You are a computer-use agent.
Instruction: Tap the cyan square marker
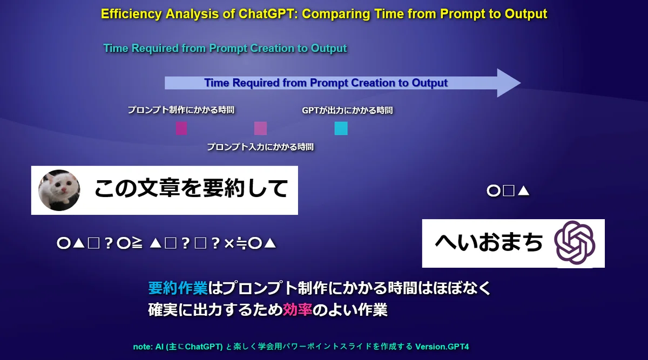(x=341, y=128)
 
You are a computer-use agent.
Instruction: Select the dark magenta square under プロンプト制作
(x=181, y=128)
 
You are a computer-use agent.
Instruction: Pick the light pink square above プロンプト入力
(x=260, y=128)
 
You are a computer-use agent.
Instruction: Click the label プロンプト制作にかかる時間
(x=181, y=110)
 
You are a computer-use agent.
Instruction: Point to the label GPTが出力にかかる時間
(x=347, y=111)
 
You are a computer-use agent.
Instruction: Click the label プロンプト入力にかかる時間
(x=260, y=147)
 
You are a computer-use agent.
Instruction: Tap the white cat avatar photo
(x=59, y=191)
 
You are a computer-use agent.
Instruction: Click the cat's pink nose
(x=64, y=190)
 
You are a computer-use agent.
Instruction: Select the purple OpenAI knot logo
(x=575, y=243)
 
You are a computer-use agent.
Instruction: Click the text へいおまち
(x=489, y=243)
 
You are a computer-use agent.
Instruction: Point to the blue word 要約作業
(x=178, y=288)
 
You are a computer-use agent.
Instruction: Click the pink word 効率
(x=298, y=310)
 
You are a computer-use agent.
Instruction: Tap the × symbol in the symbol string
(x=229, y=244)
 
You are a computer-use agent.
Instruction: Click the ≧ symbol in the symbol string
(x=137, y=243)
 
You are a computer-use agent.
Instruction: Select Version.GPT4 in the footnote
(x=442, y=347)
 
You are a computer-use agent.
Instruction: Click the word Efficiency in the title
(x=131, y=14)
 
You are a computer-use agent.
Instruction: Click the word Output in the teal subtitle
(x=329, y=48)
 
